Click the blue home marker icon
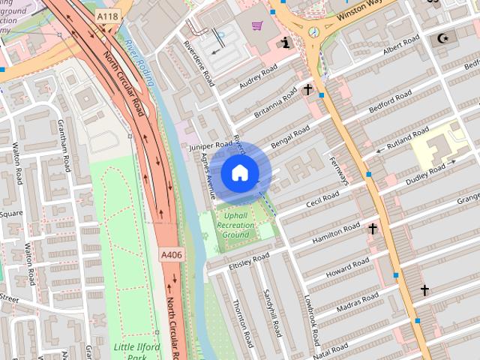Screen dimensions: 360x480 239,172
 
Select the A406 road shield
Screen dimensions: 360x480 171,255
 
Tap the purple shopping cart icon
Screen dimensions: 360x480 257,26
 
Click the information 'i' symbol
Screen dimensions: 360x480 285,42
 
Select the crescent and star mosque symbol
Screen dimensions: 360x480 442,37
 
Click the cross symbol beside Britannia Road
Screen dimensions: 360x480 308,90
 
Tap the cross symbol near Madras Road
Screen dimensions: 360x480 424,289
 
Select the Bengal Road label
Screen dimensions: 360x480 291,137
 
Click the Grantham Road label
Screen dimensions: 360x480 64,149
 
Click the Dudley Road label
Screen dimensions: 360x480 421,171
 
